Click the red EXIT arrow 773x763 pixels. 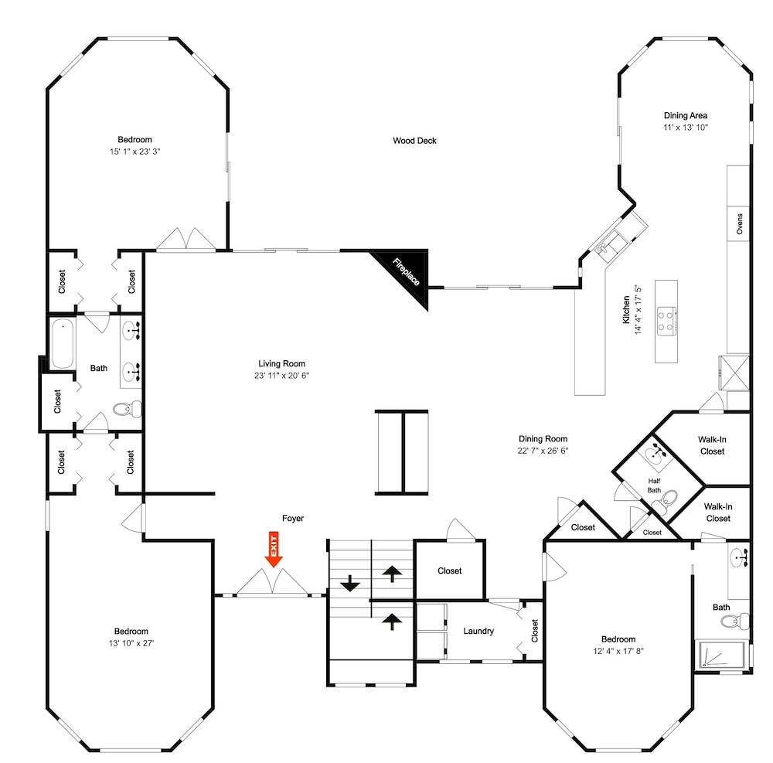point(274,549)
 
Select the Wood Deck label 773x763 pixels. point(414,141)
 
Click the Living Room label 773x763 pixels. point(281,364)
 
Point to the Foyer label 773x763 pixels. point(293,518)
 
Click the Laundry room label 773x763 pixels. point(478,631)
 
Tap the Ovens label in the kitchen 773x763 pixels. point(740,223)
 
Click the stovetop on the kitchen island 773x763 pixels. point(666,321)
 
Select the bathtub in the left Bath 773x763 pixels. point(63,343)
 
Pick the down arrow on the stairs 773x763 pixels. point(350,583)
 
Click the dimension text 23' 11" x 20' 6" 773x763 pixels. point(281,376)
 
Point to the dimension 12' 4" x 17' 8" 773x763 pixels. point(618,651)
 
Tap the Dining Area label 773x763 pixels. point(685,115)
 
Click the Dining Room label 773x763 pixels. point(543,438)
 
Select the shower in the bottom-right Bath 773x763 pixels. point(720,655)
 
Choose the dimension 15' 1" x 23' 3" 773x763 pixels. point(135,152)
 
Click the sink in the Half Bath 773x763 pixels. point(656,452)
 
